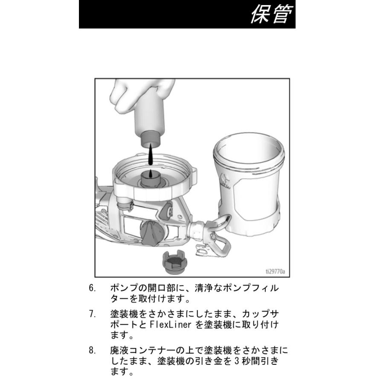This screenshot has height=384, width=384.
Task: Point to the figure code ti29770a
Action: pyautogui.click(x=275, y=271)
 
